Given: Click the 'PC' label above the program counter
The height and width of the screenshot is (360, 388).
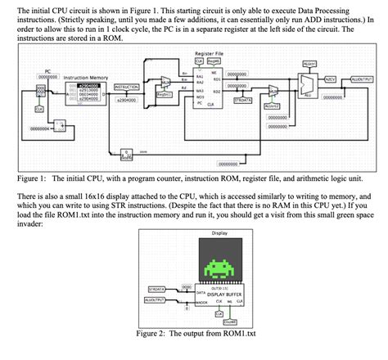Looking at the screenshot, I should (x=48, y=71).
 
